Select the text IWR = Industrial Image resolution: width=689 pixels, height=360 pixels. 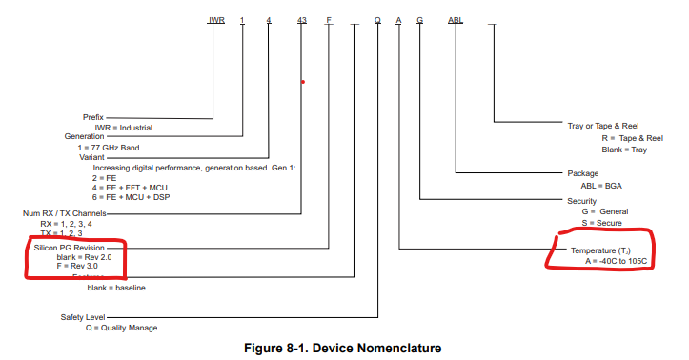pyautogui.click(x=123, y=127)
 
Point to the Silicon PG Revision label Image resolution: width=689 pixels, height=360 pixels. pyautogui.click(x=71, y=246)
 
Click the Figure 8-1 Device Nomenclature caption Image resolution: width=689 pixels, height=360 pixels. pyautogui.click(x=343, y=348)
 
